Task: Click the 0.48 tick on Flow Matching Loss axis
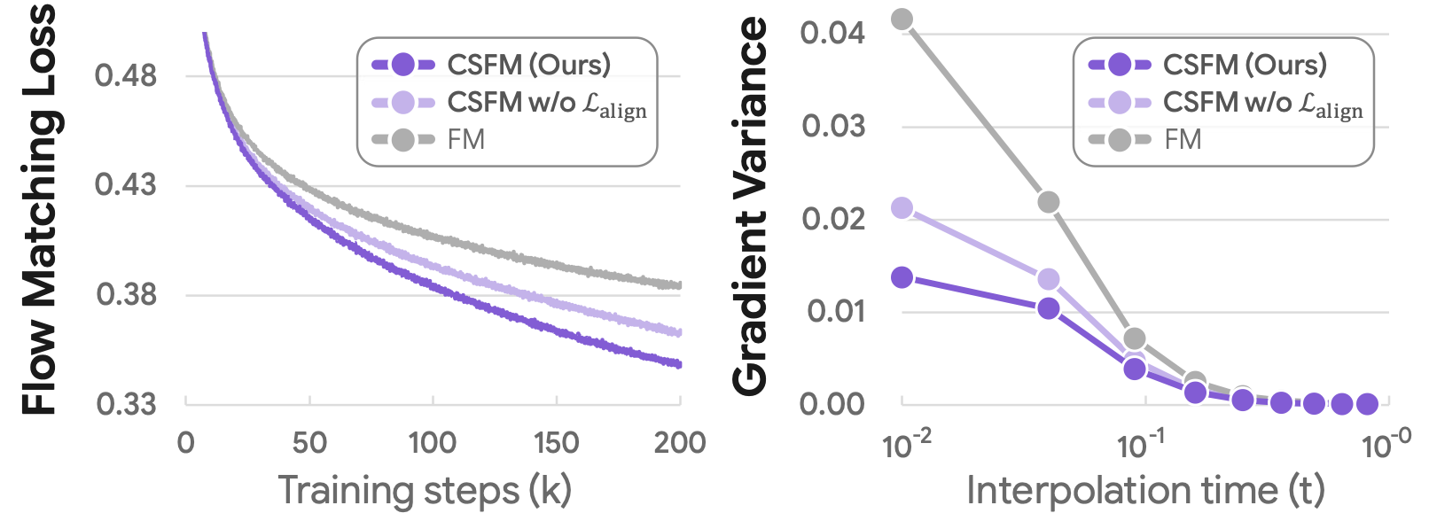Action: click(125, 76)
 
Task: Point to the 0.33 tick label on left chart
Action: click(125, 404)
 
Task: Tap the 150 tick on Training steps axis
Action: click(556, 442)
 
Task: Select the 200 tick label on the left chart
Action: click(680, 442)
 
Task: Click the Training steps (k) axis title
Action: click(425, 490)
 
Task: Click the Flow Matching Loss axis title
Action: click(39, 209)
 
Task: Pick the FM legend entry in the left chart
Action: click(465, 140)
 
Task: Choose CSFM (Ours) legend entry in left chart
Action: click(528, 65)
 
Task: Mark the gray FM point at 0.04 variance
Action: click(902, 19)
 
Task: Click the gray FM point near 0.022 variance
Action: click(1048, 202)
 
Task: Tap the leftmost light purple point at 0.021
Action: click(902, 208)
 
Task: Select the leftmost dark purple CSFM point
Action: click(902, 277)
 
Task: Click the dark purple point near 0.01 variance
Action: click(1048, 308)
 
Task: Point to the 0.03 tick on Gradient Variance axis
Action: click(832, 126)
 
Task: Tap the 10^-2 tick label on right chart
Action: click(906, 444)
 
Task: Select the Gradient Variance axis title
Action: click(751, 206)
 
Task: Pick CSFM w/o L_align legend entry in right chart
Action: click(1262, 103)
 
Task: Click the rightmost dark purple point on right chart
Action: click(1367, 404)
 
